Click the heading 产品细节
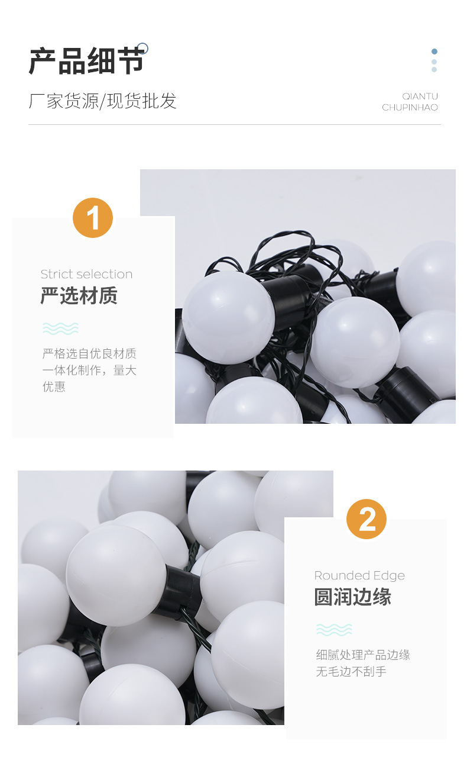click(86, 62)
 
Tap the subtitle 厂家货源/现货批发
click(102, 101)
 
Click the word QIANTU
click(420, 96)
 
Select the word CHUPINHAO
click(410, 108)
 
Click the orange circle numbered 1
click(93, 218)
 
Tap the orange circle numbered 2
click(367, 519)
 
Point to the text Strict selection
click(86, 274)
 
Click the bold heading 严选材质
click(79, 296)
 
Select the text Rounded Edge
click(359, 575)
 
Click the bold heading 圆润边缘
click(352, 597)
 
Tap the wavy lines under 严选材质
click(60, 329)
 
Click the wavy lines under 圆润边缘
click(334, 630)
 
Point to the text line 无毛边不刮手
click(351, 672)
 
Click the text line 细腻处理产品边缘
click(363, 655)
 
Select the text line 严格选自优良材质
click(89, 354)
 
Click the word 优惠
click(54, 387)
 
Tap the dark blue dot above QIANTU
click(434, 51)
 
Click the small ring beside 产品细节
click(142, 49)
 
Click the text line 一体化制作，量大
click(89, 371)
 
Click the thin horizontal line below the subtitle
click(234, 124)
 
